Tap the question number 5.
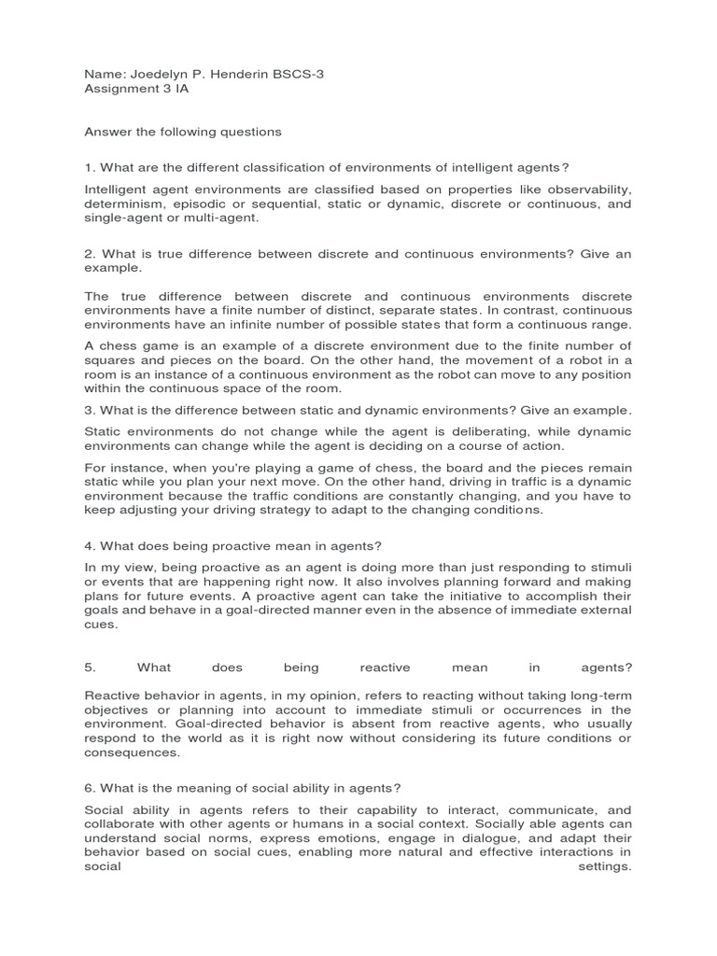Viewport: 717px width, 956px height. (90, 668)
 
